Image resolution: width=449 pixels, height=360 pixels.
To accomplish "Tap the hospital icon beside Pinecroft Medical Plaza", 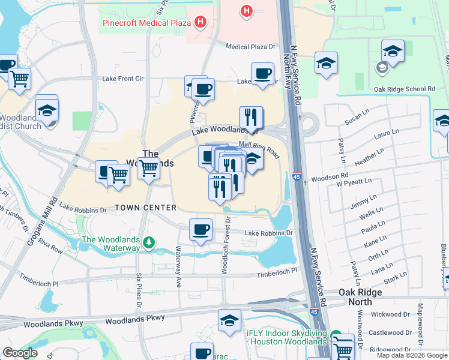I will [200, 23].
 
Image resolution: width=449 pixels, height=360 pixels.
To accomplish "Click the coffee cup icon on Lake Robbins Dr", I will [200, 229].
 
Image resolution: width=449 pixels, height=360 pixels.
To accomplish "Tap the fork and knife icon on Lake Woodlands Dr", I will [251, 117].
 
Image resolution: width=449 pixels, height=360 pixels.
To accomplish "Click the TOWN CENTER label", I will [146, 208].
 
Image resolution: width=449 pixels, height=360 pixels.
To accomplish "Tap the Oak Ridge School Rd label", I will [404, 89].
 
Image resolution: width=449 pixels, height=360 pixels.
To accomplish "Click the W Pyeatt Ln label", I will [354, 179].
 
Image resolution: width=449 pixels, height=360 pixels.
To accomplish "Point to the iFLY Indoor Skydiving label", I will [287, 337].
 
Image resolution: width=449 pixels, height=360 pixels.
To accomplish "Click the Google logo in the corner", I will [19, 353].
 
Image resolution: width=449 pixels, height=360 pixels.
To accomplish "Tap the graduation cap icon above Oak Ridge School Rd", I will [393, 52].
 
